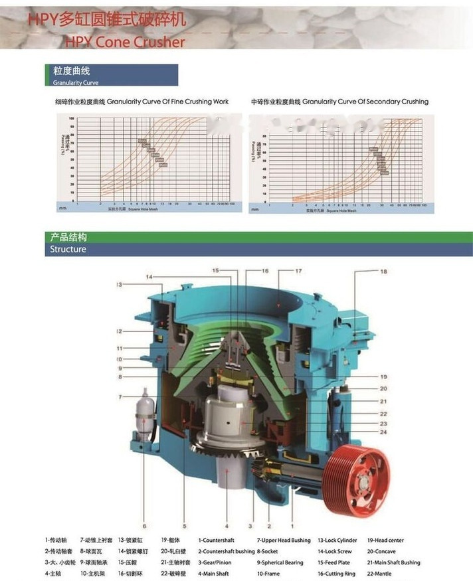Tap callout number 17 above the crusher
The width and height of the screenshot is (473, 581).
298,271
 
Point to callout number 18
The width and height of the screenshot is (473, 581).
383,272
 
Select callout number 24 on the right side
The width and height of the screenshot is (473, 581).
384,432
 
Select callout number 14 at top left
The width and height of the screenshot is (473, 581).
149,276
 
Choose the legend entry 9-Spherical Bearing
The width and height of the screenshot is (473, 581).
280,562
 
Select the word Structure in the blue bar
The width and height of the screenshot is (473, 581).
68,250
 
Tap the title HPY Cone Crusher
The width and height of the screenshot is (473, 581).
124,42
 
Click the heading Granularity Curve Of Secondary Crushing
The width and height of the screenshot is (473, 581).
365,102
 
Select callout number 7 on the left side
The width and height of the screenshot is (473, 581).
120,397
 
